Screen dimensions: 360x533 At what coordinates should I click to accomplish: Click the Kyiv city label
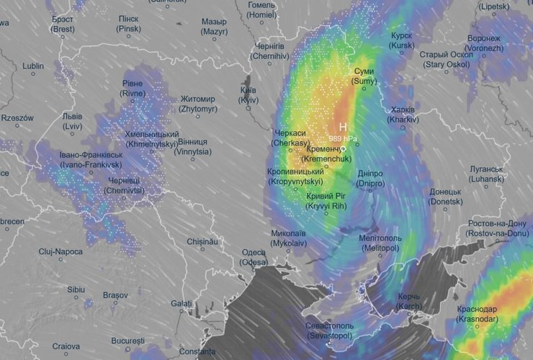(248, 95)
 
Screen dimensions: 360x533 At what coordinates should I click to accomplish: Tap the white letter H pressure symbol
(344, 126)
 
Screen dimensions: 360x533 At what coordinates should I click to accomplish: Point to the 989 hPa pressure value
(344, 138)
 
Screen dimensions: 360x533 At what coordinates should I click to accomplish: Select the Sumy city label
(364, 77)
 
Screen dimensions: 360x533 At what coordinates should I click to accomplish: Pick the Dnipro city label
(370, 179)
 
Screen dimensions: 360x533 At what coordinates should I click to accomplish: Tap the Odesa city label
(254, 257)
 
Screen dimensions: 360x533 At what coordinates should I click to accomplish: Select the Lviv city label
(72, 121)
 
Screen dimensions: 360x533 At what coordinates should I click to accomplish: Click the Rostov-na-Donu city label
(496, 228)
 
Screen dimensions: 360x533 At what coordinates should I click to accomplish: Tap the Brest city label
(63, 24)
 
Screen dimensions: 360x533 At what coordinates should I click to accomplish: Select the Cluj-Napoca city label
(61, 252)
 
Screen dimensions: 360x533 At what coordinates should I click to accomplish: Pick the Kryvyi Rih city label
(326, 201)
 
